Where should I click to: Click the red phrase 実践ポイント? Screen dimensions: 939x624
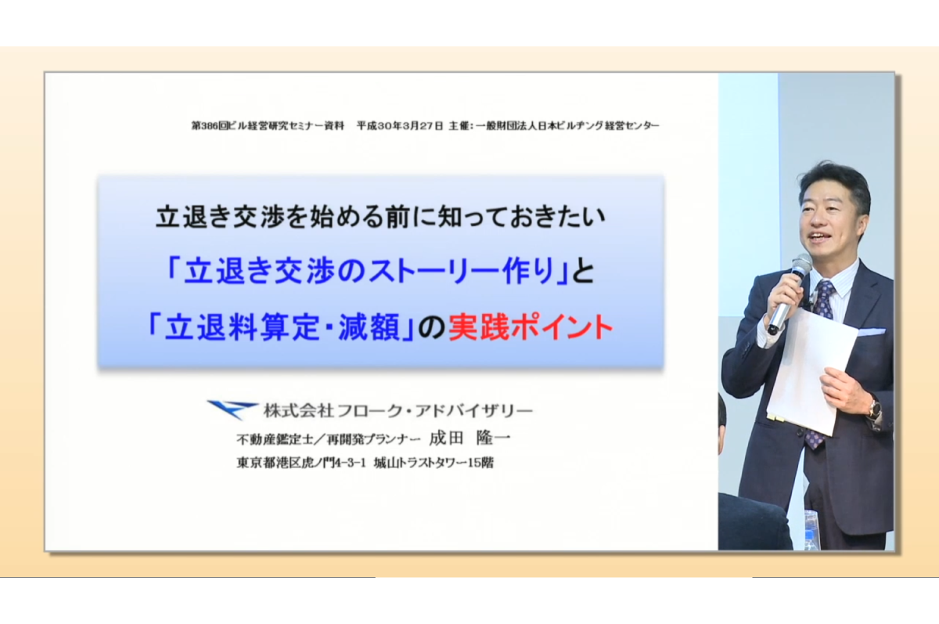coord(531,327)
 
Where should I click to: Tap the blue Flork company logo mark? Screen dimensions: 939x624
coord(231,409)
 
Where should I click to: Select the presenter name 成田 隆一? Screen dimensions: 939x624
coord(469,438)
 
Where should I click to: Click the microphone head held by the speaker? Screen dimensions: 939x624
coord(801,265)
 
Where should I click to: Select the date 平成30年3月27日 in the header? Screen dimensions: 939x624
coord(400,126)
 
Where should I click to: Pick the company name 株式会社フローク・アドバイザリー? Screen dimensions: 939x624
coord(398,410)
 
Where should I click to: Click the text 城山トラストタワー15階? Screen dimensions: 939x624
coord(434,463)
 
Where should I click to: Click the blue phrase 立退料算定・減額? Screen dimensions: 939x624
coord(282,327)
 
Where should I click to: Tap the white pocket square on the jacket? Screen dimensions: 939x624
coord(871,332)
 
